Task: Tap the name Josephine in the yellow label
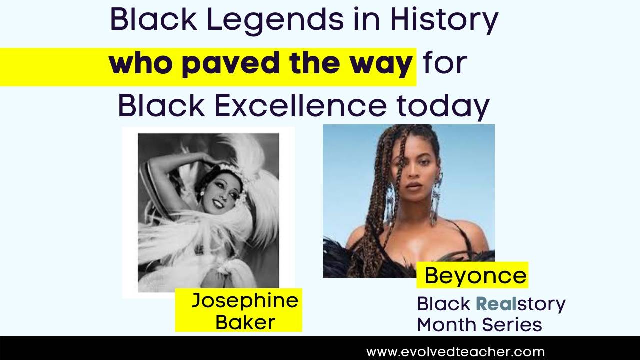(244, 300)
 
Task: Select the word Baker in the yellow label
(245, 322)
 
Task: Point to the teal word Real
(498, 303)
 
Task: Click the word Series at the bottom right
(515, 325)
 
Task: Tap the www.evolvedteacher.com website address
(455, 352)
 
